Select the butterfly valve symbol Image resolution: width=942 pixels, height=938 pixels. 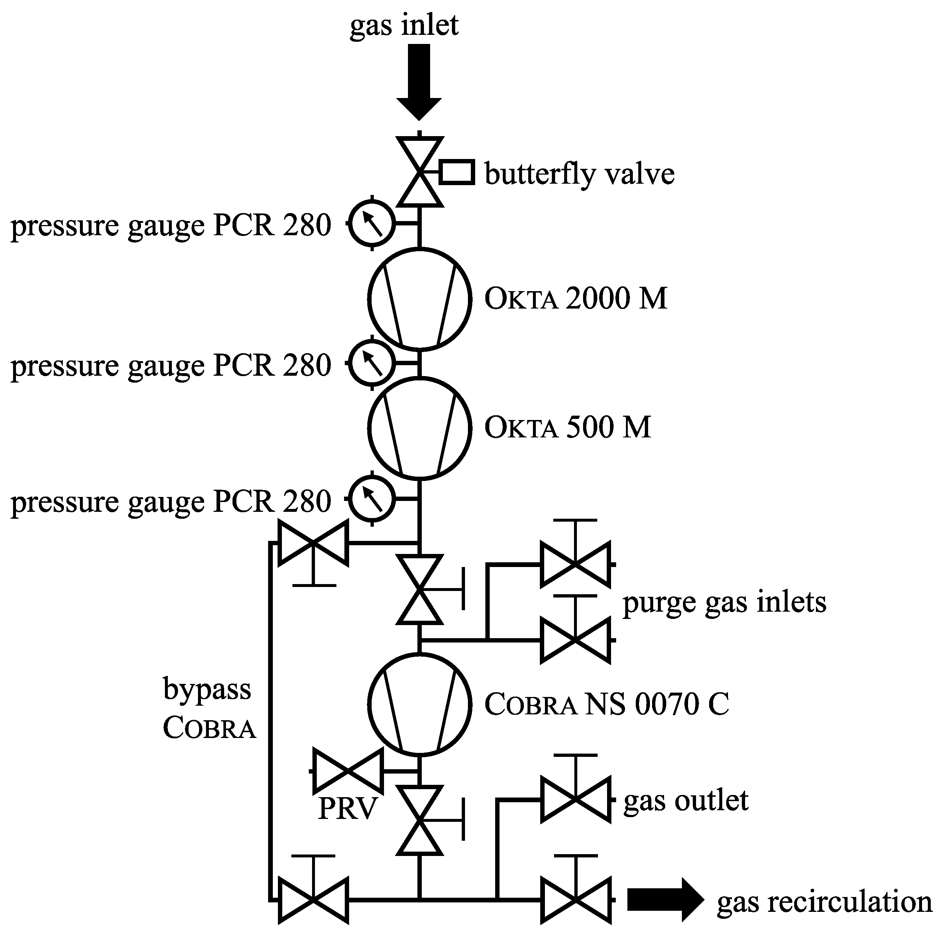tap(419, 172)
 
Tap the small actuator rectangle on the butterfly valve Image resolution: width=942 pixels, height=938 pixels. tap(457, 172)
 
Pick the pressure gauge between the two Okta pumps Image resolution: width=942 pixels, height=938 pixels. tap(372, 363)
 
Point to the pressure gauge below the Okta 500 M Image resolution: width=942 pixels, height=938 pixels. tap(372, 498)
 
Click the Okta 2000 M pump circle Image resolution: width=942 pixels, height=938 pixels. tap(419, 299)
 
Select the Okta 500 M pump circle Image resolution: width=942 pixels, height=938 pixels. tap(419, 427)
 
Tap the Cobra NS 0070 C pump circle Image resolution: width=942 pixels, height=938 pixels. tap(419, 703)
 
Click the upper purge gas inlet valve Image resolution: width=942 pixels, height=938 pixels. tap(575, 564)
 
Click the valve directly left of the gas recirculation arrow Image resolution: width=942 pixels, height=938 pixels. tap(575, 900)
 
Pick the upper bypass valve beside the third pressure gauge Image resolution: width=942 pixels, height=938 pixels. tap(313, 543)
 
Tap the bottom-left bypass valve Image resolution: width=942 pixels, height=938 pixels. tap(313, 900)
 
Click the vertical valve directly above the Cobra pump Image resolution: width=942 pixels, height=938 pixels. tap(419, 589)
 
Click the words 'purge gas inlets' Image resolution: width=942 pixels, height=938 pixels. tap(724, 602)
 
